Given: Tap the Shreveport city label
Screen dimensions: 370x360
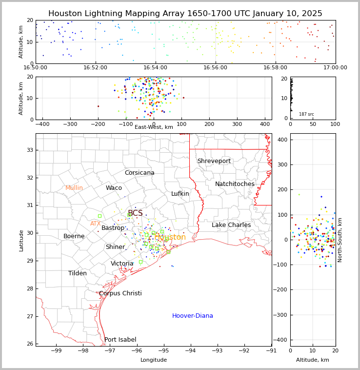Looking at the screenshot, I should click(x=214, y=161).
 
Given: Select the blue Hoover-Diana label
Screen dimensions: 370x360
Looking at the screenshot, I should click(x=192, y=316).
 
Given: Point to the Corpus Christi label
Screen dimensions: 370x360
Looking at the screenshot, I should click(x=120, y=293).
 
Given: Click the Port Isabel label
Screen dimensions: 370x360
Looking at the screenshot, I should click(x=120, y=340).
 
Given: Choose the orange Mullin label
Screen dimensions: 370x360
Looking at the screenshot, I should click(x=74, y=188).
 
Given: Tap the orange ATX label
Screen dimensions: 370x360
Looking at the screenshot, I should click(x=95, y=224).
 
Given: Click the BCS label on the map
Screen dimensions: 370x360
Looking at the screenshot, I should click(x=135, y=213).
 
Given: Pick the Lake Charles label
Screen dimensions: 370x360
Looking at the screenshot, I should click(x=231, y=225).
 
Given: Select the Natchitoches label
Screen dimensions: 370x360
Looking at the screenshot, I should click(x=235, y=184).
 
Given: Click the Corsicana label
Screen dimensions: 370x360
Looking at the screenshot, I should click(x=140, y=173).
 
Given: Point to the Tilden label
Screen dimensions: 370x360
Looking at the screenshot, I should click(x=78, y=273).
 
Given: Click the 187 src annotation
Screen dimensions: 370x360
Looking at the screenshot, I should click(x=306, y=114).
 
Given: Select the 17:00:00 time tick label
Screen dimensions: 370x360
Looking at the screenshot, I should click(x=335, y=68).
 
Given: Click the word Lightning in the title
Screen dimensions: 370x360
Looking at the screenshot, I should click(x=104, y=14).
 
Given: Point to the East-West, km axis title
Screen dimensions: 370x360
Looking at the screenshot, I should click(x=154, y=127).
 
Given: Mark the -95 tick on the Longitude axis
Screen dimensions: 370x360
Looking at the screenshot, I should click(x=164, y=350).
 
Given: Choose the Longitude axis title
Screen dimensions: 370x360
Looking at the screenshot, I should click(x=154, y=360).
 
